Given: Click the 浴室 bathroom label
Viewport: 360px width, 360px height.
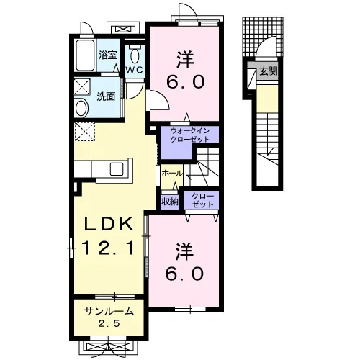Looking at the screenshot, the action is point(108,55).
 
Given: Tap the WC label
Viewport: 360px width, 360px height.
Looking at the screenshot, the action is point(135,70).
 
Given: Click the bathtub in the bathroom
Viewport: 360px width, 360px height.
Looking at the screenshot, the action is point(85,55).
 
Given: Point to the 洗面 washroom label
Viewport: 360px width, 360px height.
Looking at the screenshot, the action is point(106,96).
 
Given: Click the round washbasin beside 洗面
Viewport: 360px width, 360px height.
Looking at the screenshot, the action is point(82,108).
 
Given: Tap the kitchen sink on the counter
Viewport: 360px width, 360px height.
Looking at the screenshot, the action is point(117,169).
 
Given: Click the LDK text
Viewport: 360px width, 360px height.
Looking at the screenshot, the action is point(108,224).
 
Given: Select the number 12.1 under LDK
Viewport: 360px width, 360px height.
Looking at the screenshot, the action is point(108,248).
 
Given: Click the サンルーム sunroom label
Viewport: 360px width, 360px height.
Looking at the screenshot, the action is point(109,312).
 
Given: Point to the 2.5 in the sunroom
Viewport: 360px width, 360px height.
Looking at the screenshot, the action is point(109,324).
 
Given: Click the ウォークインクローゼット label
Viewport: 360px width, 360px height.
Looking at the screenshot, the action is point(189,135).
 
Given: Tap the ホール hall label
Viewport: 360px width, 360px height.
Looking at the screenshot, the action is point(172,174).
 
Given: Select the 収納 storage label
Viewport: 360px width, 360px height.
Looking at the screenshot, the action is point(170,202).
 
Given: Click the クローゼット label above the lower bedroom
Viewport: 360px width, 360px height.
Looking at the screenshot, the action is point(202,200).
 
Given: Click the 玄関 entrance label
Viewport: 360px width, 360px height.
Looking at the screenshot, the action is point(269,71).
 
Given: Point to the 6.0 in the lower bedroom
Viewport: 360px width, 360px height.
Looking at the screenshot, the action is point(185,274).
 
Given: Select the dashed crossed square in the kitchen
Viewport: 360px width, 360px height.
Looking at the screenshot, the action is point(85,131).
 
